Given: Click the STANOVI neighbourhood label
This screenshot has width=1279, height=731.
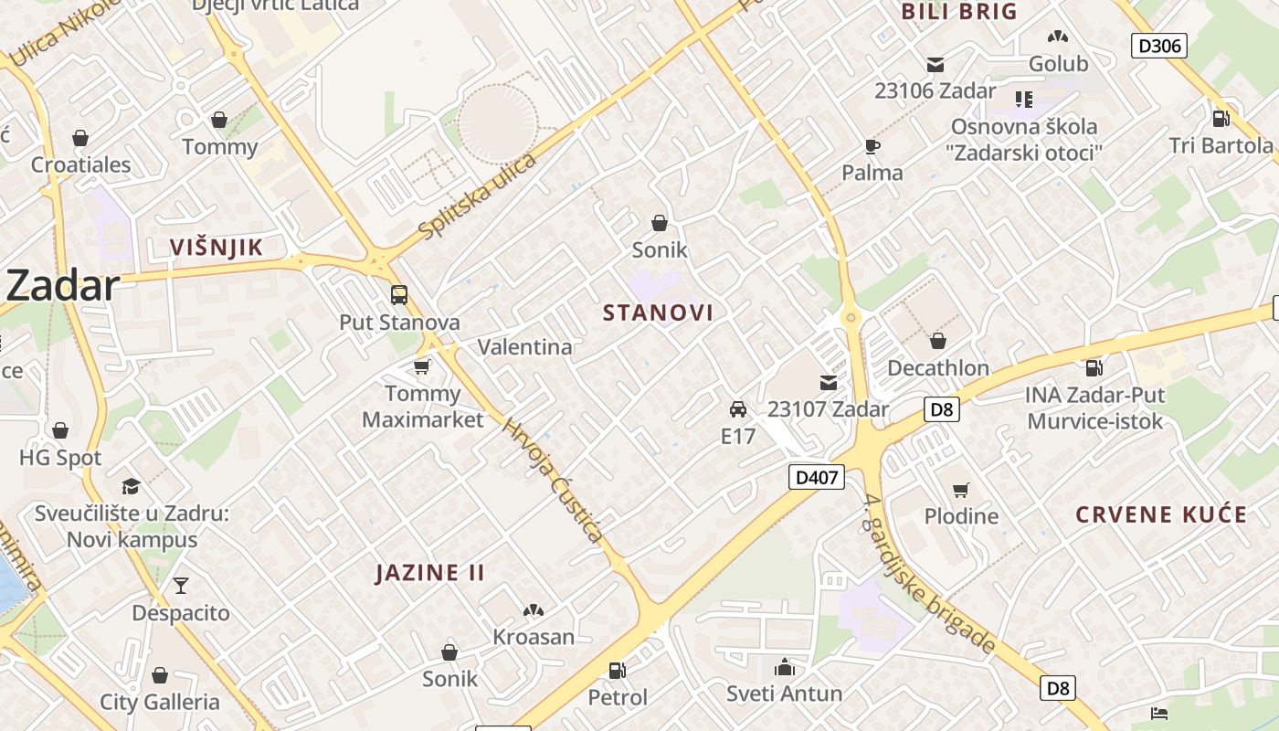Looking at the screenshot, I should tap(658, 313).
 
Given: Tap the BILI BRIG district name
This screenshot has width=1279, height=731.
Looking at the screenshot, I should tap(959, 12).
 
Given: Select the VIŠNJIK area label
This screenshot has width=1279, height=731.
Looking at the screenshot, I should tap(217, 247).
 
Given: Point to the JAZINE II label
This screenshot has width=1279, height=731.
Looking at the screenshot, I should tap(430, 573).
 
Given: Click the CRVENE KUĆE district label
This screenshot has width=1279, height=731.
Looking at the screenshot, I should tap(1160, 514).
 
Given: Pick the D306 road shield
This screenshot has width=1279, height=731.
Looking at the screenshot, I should tap(1158, 46).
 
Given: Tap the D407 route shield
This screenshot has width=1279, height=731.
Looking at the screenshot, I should tap(816, 476).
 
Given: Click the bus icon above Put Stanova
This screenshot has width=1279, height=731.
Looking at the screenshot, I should tap(399, 295).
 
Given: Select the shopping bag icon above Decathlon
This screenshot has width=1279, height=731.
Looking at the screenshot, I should tap(937, 341).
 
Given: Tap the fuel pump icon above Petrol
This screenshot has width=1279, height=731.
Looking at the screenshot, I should tap(618, 671).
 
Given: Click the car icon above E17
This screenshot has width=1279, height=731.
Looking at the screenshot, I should tap(737, 408).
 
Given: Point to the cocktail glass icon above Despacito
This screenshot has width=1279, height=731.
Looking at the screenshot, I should tap(181, 585).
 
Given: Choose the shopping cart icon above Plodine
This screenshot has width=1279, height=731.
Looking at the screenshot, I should tap(960, 490).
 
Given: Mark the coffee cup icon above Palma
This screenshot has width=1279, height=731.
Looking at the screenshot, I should tap(872, 146).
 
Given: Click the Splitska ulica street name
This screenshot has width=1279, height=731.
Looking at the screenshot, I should tap(477, 197).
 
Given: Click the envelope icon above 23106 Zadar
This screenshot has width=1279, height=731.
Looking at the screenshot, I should tap(935, 65).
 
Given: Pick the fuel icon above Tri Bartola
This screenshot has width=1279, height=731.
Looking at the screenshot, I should tap(1221, 118).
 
